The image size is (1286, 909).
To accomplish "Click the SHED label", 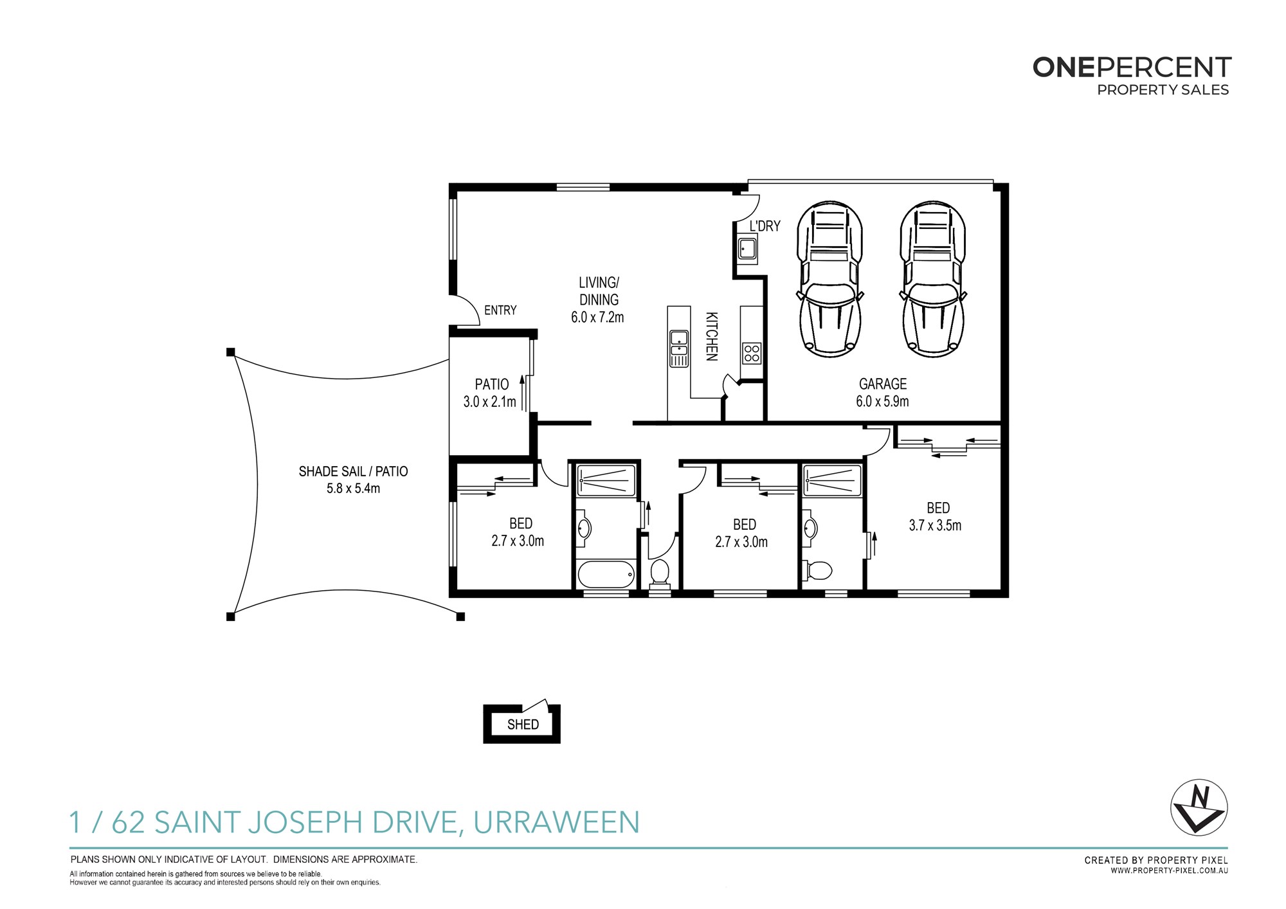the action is point(523,724).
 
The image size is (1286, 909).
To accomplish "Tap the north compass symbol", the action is point(1199,807).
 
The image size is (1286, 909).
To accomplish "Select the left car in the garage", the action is point(830,279).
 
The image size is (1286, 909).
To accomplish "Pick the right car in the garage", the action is point(933,279).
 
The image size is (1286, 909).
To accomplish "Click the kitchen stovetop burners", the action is point(752,353).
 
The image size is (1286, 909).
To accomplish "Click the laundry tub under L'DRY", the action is point(747,248).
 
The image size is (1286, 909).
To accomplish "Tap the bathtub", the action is point(606,574).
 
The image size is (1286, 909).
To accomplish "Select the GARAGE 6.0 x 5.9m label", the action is point(882,393).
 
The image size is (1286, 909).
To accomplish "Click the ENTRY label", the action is point(500,310).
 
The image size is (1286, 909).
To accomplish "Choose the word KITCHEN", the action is point(711,336).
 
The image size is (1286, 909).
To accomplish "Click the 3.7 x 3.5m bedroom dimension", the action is point(935,525).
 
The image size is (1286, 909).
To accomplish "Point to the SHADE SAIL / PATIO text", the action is point(353,471).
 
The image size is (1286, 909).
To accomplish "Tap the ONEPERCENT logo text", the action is point(1132,67).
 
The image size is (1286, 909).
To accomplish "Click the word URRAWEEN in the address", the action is point(557,822).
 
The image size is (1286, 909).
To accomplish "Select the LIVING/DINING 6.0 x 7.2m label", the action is point(598,300).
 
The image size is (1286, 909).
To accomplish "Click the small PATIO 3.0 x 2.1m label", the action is point(490,393).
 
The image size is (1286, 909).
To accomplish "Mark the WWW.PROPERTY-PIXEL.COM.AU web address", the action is point(1170,871).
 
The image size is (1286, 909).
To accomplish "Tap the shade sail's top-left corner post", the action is point(231,352).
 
